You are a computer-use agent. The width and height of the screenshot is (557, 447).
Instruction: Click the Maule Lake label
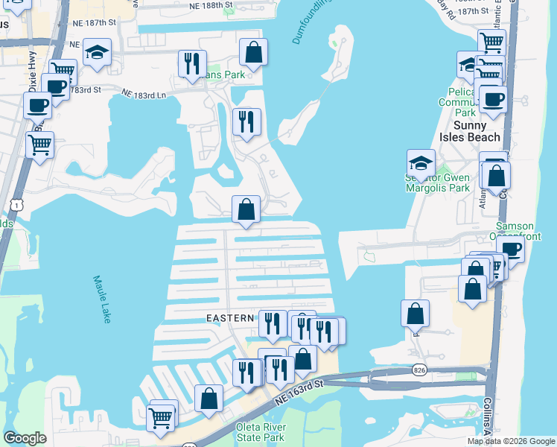103,299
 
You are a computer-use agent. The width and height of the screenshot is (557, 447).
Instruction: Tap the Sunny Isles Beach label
470,131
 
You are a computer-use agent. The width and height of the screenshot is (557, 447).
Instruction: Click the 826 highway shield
419,370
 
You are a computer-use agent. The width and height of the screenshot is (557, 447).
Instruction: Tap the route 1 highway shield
16,203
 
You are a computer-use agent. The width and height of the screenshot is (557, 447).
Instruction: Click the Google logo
25,438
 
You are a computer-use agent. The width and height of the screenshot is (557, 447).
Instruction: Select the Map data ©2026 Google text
511,441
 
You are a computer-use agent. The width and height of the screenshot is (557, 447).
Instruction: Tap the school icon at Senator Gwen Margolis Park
421,163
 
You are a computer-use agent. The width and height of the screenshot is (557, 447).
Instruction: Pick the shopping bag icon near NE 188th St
254,51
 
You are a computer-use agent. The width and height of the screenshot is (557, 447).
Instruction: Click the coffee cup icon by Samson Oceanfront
511,247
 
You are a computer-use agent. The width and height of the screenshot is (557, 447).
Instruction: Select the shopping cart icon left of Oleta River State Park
162,416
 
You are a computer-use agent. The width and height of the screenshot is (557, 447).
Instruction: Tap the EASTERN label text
231,318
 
